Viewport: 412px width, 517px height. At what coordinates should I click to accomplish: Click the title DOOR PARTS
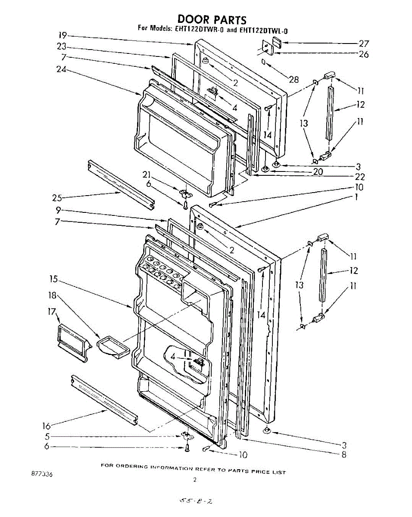[212, 19]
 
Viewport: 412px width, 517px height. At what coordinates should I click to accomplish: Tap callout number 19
[63, 36]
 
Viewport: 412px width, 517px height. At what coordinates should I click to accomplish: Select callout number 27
[364, 44]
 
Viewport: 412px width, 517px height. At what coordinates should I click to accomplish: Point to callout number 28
[293, 79]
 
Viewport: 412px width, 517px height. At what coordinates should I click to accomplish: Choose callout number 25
[57, 198]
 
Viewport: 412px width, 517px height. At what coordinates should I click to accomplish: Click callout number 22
[360, 176]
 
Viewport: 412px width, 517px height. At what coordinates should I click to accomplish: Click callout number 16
[47, 426]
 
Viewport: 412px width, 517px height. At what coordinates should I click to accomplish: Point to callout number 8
[343, 454]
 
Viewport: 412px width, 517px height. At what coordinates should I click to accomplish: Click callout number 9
[58, 211]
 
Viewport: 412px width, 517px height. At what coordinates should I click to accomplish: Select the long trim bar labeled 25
[121, 183]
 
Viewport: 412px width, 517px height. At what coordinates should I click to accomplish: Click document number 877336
[42, 474]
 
